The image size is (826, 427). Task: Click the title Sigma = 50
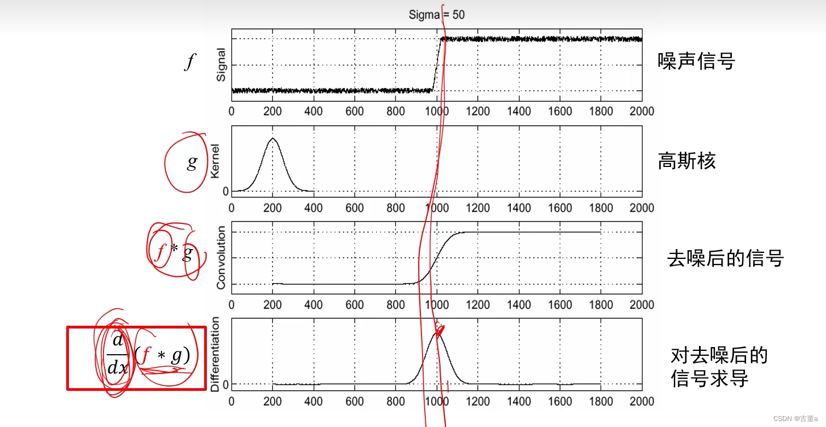pyautogui.click(x=436, y=15)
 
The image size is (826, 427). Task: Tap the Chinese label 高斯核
pyautogui.click(x=686, y=161)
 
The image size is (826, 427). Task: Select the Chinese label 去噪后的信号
pyautogui.click(x=725, y=258)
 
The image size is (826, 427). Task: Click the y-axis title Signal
pyautogui.click(x=221, y=65)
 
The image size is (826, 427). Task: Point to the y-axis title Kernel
pyautogui.click(x=215, y=161)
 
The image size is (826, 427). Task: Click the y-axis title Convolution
pyautogui.click(x=221, y=258)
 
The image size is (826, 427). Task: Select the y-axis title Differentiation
pyautogui.click(x=215, y=355)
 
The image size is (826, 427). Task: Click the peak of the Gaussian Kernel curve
pyautogui.click(x=273, y=139)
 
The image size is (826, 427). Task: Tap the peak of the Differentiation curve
pyautogui.click(x=437, y=332)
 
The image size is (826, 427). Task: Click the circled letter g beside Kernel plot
pyautogui.click(x=192, y=162)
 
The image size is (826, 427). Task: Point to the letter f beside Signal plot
pyautogui.click(x=189, y=62)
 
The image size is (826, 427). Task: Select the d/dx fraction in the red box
pyautogui.click(x=117, y=354)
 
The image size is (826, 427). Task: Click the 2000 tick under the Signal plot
pyautogui.click(x=642, y=112)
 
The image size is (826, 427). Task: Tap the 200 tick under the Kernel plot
pyautogui.click(x=273, y=208)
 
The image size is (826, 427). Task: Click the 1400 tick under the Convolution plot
pyautogui.click(x=518, y=305)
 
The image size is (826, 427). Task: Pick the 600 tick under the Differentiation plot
pyautogui.click(x=355, y=401)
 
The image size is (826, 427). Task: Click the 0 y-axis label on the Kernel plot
pyautogui.click(x=225, y=191)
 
